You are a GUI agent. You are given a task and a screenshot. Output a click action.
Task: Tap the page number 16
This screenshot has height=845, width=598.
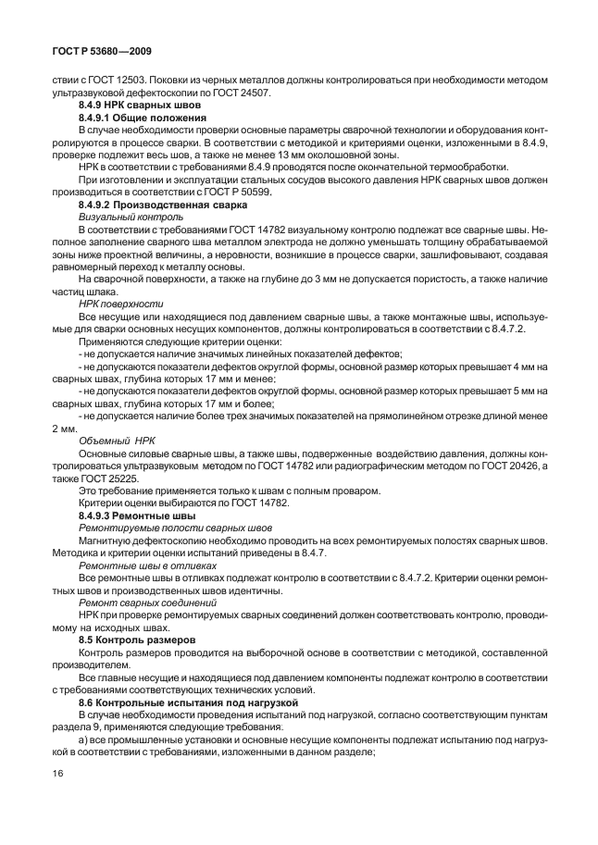coord(58,799)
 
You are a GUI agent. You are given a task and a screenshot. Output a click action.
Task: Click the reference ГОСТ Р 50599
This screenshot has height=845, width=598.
coord(268,193)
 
